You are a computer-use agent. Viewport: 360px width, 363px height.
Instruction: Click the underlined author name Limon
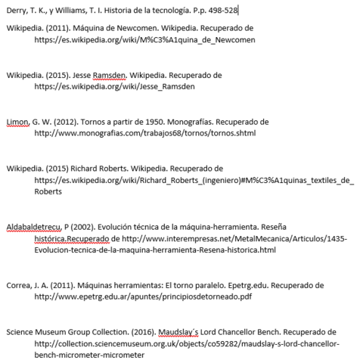[17, 121]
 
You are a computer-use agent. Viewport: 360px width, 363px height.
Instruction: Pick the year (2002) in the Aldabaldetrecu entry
[94, 226]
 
